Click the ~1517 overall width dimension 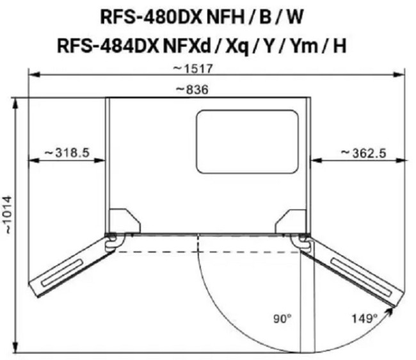tap(193, 69)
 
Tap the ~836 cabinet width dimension tap(193, 90)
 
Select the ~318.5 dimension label tap(67, 153)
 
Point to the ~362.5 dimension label tap(364, 153)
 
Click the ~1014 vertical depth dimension tap(9, 215)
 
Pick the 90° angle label tap(282, 318)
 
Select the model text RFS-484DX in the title tap(108, 45)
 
